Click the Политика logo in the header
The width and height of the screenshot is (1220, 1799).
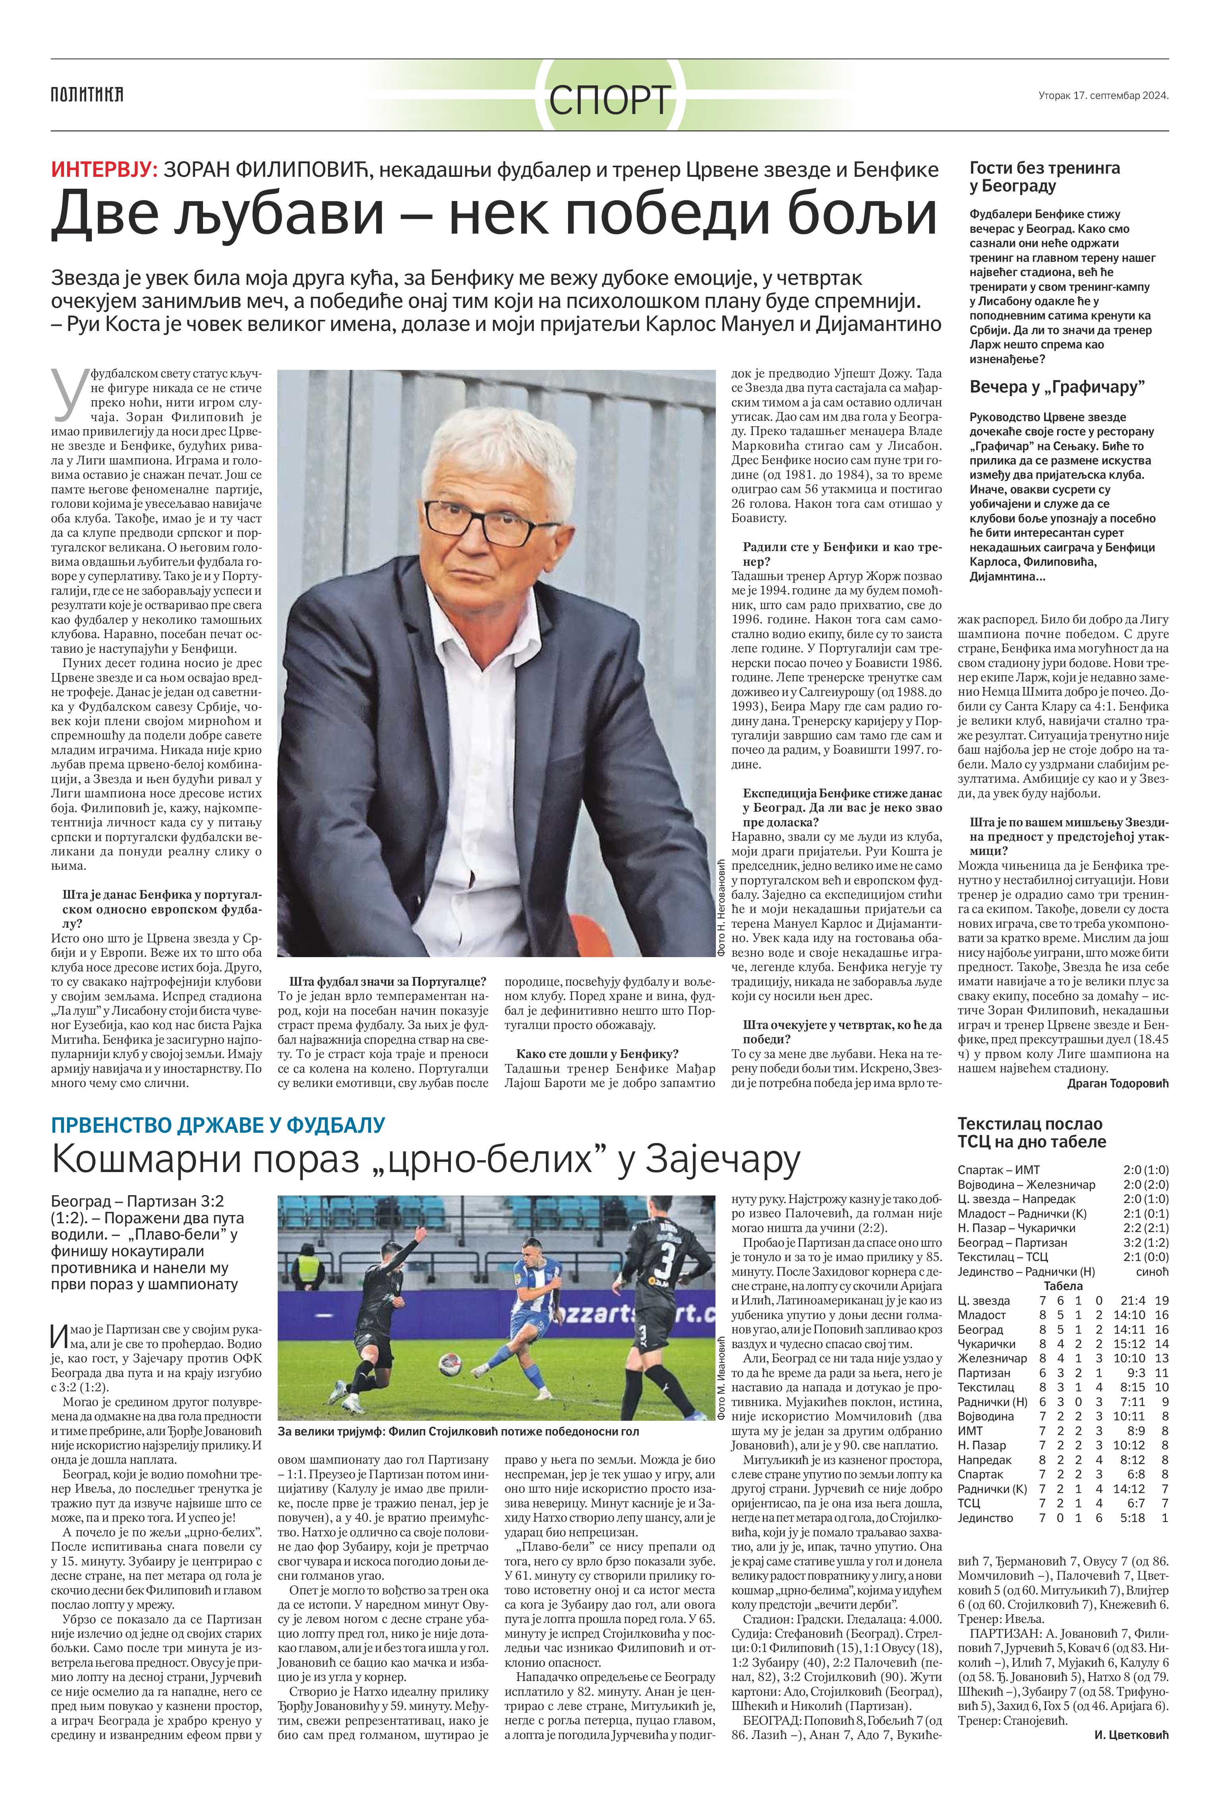coord(87,95)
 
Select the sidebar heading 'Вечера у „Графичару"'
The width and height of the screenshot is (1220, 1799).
coord(1057,387)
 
